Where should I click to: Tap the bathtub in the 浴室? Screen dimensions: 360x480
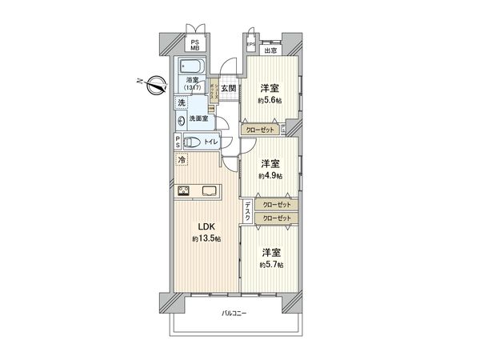[191, 66]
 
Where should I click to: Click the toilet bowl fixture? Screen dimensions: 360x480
[193, 142]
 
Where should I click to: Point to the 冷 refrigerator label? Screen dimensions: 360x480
[182, 160]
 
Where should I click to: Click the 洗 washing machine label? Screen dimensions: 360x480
[182, 102]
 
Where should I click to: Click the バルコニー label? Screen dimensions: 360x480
[234, 313]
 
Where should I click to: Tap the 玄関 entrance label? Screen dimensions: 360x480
[228, 88]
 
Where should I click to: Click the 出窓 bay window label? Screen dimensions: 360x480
[272, 50]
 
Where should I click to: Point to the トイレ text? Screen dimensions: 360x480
[210, 142]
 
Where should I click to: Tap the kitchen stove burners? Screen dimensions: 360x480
[183, 190]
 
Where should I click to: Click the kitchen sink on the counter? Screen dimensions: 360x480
[210, 190]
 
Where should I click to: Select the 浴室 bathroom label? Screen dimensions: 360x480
[193, 81]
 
